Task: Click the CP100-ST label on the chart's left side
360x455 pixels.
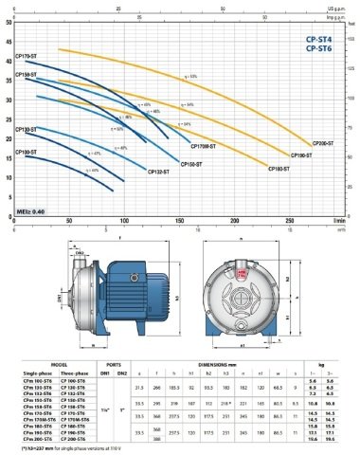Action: pos(27,151)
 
